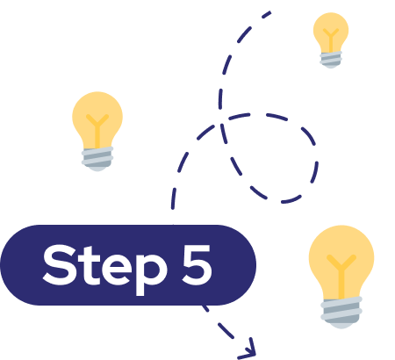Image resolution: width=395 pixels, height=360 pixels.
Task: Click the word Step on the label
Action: [104, 268]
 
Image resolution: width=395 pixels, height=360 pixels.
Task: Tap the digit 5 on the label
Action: [197, 265]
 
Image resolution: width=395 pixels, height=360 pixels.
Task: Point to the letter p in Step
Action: [151, 274]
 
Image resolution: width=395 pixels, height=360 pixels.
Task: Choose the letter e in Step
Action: [115, 270]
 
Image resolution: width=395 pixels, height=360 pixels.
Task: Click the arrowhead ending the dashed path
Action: [249, 349]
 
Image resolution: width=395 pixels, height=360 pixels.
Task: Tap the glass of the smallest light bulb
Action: [331, 32]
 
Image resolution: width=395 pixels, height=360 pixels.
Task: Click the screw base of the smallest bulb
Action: [331, 60]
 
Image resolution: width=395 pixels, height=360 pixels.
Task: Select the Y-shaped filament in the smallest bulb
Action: [331, 40]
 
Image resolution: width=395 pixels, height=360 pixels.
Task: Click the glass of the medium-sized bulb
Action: [97, 120]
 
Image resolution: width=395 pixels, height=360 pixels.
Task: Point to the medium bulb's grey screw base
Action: [97, 159]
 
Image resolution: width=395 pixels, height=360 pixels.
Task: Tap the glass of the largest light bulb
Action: [341, 262]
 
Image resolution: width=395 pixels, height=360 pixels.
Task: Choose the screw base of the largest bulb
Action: [341, 313]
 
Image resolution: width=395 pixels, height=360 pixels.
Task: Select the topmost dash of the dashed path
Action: [266, 15]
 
